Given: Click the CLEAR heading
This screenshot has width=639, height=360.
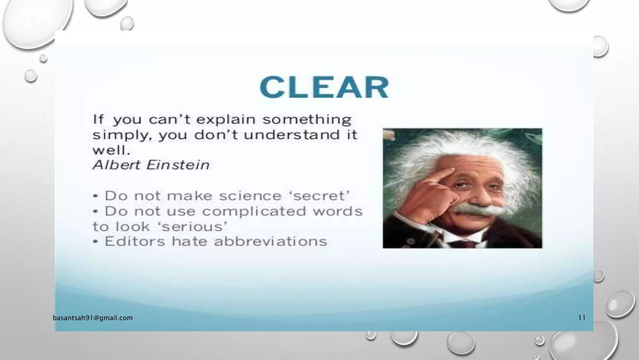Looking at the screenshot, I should [324, 87].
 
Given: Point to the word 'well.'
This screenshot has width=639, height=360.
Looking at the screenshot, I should [111, 151].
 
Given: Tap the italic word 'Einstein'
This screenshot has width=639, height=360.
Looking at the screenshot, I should [178, 165].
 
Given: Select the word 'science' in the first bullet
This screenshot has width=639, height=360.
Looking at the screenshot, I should [251, 196].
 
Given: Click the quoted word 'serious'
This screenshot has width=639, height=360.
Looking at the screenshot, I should [193, 227].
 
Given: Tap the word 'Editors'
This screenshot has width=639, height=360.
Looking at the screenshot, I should [135, 242].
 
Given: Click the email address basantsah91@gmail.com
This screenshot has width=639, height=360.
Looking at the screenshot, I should [93, 318].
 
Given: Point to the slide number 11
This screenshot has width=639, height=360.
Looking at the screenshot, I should [582, 318].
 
